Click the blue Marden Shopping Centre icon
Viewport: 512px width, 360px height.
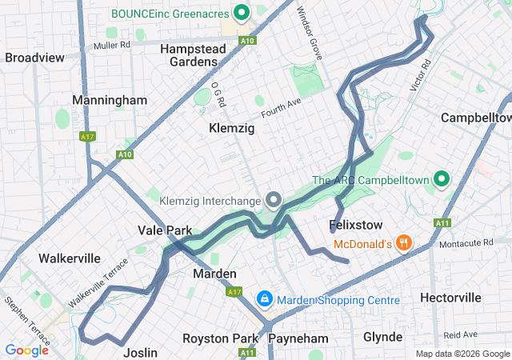pos(264,299)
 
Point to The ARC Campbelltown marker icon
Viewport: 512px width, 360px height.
pos(440,179)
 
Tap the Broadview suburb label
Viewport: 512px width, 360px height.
pos(34,58)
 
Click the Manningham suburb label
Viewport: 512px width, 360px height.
pos(110,100)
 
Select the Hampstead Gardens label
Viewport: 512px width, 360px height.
pos(193,55)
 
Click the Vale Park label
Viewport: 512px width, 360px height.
pos(164,230)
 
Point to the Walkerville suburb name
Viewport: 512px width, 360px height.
pos(70,258)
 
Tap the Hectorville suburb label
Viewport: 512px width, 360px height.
pos(450,298)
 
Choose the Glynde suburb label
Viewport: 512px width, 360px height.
pos(383,337)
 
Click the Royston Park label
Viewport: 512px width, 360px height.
pos(221,338)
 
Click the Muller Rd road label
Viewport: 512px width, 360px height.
pos(111,46)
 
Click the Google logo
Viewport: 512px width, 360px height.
pos(26,350)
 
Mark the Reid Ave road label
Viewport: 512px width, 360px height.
pos(460,334)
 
